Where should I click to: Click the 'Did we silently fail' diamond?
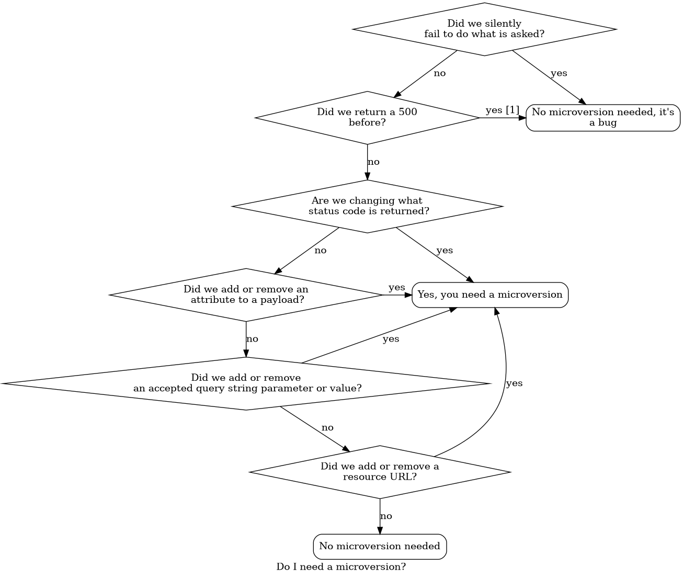click(x=484, y=29)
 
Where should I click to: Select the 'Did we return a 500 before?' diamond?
click(x=367, y=118)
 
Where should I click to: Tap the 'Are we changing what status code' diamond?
click(x=367, y=206)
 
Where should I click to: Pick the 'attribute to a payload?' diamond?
click(x=246, y=295)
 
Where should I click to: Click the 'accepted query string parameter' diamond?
click(x=246, y=383)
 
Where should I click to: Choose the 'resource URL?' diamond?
click(x=380, y=472)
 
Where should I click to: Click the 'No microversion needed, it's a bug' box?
click(x=602, y=118)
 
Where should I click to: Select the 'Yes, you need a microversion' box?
click(x=490, y=295)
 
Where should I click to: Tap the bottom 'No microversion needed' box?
click(x=380, y=547)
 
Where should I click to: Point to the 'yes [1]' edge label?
click(x=502, y=110)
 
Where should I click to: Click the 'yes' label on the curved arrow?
click(x=514, y=383)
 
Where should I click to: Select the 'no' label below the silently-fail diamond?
click(x=440, y=73)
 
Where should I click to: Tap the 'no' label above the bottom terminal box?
click(x=386, y=516)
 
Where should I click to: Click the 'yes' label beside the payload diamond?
click(x=396, y=288)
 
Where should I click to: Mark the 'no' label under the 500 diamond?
click(x=373, y=162)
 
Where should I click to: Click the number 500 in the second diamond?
click(x=408, y=112)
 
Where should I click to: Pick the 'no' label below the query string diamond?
click(x=327, y=428)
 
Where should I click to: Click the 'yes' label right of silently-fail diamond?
click(x=559, y=73)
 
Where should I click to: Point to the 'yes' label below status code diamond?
click(x=445, y=251)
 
